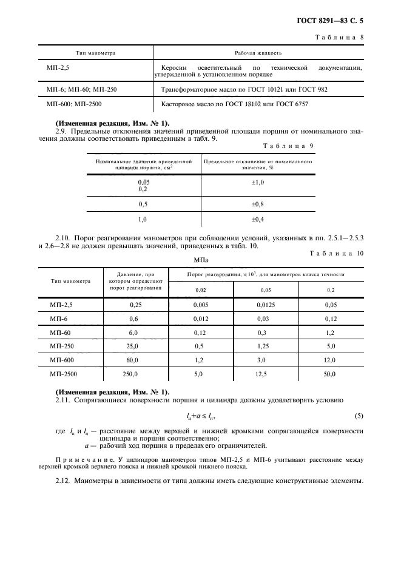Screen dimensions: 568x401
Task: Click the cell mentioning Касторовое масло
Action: (235, 104)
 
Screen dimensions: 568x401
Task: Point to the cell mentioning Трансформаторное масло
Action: (244, 89)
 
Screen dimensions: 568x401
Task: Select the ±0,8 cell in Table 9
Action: (258, 204)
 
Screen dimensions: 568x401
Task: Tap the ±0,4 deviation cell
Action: (258, 218)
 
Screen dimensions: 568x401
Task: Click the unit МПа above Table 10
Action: (201, 260)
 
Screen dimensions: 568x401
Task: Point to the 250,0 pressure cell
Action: (131, 374)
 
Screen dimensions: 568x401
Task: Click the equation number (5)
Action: (359, 416)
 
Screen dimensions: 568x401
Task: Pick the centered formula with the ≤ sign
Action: (200, 416)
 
